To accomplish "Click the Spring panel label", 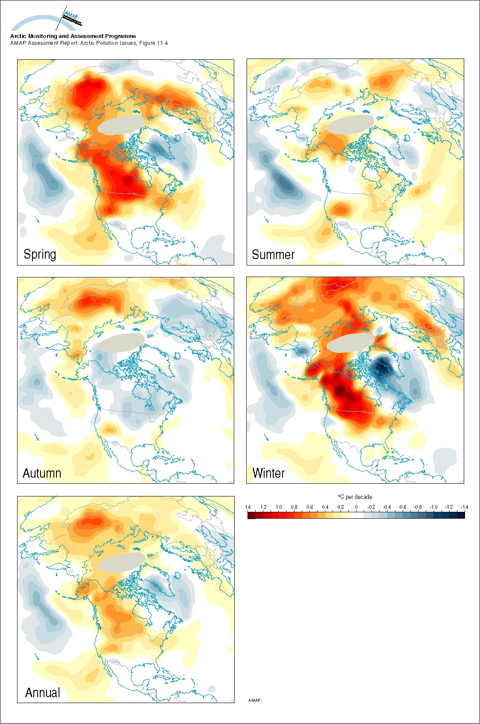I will [40, 254].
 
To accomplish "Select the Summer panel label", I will [273, 255].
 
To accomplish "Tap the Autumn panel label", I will [42, 473].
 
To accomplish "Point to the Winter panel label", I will [268, 473].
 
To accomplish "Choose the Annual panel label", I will [43, 692].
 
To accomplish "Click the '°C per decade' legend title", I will [355, 497].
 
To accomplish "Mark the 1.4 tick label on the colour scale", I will [248, 507].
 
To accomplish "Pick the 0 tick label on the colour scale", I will [356, 507].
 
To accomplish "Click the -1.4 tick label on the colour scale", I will [464, 507].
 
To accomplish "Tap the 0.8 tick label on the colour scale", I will [294, 507].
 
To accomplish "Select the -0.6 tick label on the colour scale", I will [402, 507].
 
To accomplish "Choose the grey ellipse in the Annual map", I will [121, 562].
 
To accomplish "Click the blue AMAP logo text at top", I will [71, 17].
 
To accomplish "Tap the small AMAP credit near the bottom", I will [254, 700].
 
